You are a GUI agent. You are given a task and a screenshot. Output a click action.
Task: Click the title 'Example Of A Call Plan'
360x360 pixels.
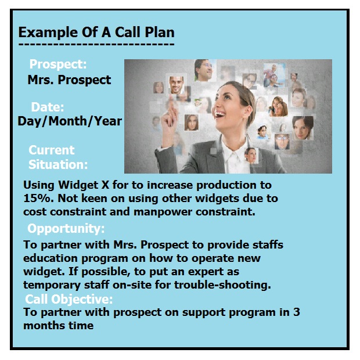tap(96, 32)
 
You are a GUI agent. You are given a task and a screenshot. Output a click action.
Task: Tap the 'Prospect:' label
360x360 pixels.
tap(58, 64)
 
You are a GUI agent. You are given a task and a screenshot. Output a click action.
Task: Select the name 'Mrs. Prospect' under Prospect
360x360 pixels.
tap(69, 80)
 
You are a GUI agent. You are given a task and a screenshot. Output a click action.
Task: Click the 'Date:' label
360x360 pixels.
tap(48, 107)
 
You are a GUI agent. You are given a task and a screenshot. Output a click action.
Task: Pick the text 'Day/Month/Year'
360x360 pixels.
tap(70, 121)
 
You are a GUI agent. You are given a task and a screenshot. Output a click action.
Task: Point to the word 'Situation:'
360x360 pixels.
tap(58, 165)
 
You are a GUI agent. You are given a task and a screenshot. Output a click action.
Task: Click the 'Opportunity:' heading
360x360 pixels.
tap(66, 228)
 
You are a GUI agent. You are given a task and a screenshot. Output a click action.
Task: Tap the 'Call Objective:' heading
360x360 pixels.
tap(69, 300)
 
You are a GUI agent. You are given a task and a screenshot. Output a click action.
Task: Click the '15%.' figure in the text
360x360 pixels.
tap(36, 199)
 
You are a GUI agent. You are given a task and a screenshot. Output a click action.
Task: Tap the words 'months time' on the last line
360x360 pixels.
tap(58, 325)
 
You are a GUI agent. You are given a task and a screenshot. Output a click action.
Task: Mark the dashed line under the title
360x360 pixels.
tap(96, 44)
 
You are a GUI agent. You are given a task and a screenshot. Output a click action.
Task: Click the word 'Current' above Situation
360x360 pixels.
tap(52, 150)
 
